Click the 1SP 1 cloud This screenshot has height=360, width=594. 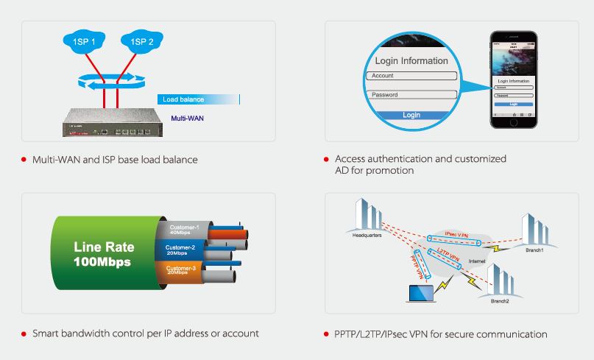[x=83, y=42]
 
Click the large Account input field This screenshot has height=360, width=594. [x=412, y=76]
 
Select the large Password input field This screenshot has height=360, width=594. [x=412, y=95]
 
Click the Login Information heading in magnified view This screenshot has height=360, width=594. [x=411, y=60]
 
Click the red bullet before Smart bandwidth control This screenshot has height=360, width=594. [x=24, y=334]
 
